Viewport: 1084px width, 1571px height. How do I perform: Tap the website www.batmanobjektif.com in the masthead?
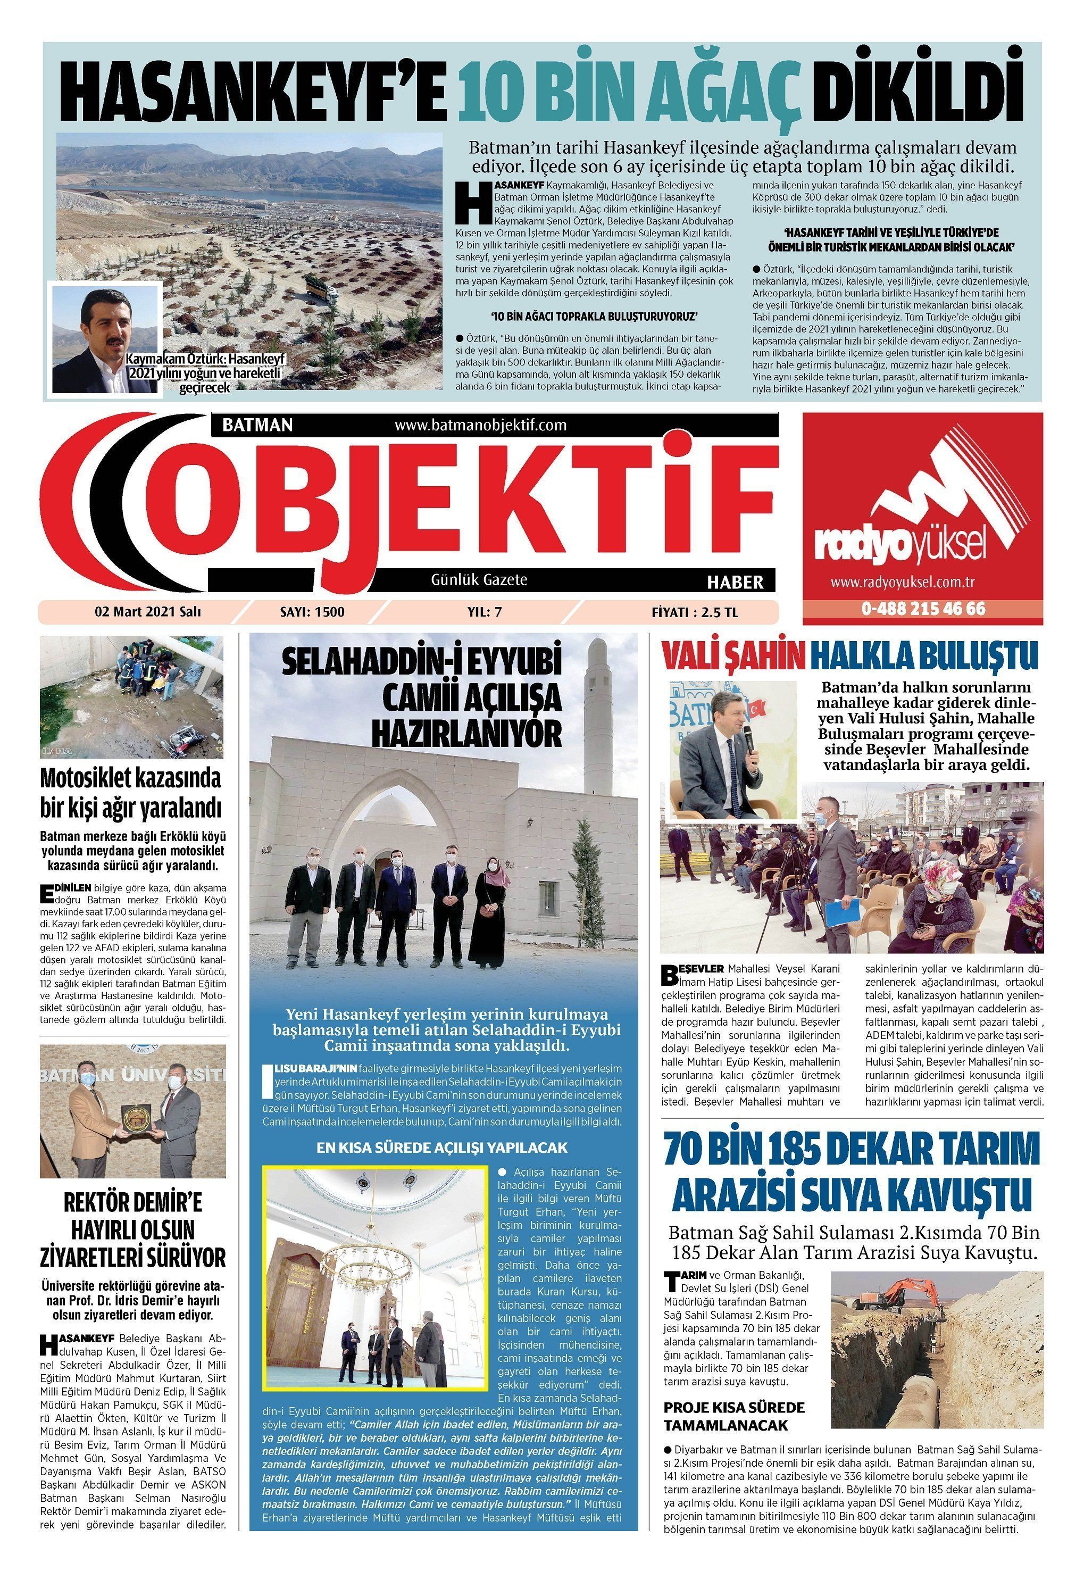click(480, 425)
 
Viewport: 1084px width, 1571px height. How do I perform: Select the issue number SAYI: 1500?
click(312, 611)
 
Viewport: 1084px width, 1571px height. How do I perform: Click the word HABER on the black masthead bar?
click(735, 581)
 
